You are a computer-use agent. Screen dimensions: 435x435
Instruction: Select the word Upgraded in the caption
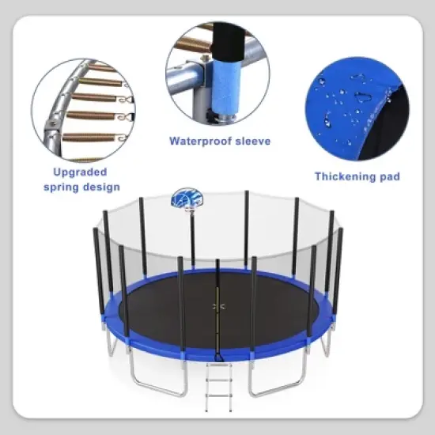point(78,172)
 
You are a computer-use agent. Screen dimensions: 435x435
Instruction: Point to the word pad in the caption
point(388,176)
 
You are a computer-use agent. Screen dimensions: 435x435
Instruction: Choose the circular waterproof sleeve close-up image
point(217,73)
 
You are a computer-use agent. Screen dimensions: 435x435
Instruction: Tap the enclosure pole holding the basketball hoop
point(192,237)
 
